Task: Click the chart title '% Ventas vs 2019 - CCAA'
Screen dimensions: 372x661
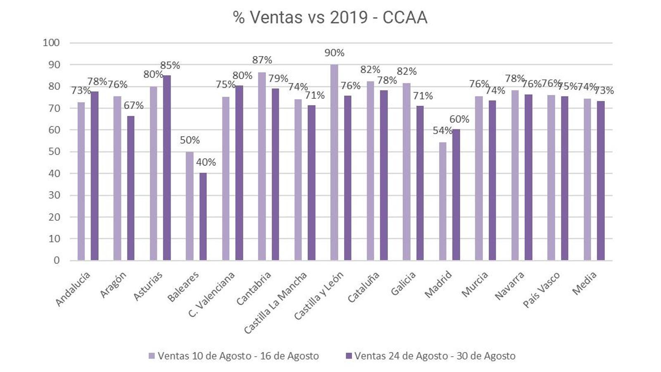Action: pyautogui.click(x=330, y=18)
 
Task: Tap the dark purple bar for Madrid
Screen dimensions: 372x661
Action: pyautogui.click(x=456, y=195)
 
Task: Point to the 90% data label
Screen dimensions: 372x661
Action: pyautogui.click(x=334, y=53)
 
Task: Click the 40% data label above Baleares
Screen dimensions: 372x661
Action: pyautogui.click(x=206, y=162)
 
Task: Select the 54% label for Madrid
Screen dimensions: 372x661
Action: pyautogui.click(x=442, y=131)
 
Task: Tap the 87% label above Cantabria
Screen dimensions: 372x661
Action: pyautogui.click(x=262, y=60)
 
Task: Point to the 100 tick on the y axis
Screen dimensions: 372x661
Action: pyautogui.click(x=51, y=43)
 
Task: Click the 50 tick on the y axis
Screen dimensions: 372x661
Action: pyautogui.click(x=54, y=152)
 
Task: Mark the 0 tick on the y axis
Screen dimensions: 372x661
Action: pyautogui.click(x=57, y=260)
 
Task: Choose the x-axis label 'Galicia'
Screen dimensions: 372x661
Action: pyautogui.click(x=404, y=283)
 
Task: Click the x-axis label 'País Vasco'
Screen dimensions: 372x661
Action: pyautogui.click(x=542, y=289)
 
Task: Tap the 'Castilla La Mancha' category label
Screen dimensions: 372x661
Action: pyautogui.click(x=276, y=302)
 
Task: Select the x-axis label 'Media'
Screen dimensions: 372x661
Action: pyautogui.click(x=585, y=283)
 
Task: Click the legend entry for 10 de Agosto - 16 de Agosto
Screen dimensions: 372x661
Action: pyautogui.click(x=234, y=356)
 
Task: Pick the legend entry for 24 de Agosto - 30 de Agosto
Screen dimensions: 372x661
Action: pyautogui.click(x=430, y=356)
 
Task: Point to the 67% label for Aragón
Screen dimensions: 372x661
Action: pyautogui.click(x=133, y=105)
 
